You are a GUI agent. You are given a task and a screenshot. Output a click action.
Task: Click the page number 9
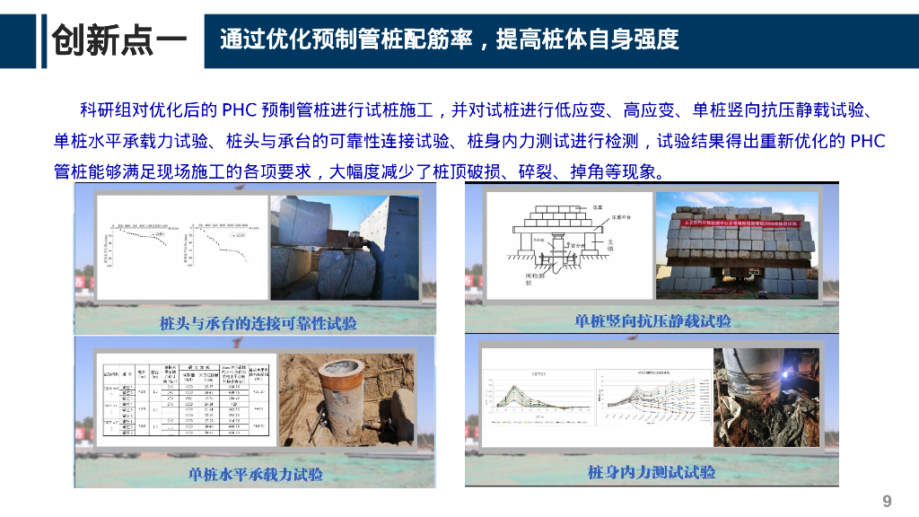(x=888, y=500)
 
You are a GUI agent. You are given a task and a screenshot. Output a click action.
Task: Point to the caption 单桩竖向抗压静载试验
(x=652, y=320)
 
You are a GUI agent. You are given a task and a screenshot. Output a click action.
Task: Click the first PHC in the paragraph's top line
(x=239, y=110)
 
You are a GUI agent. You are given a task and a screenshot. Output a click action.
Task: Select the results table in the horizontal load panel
(x=185, y=399)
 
